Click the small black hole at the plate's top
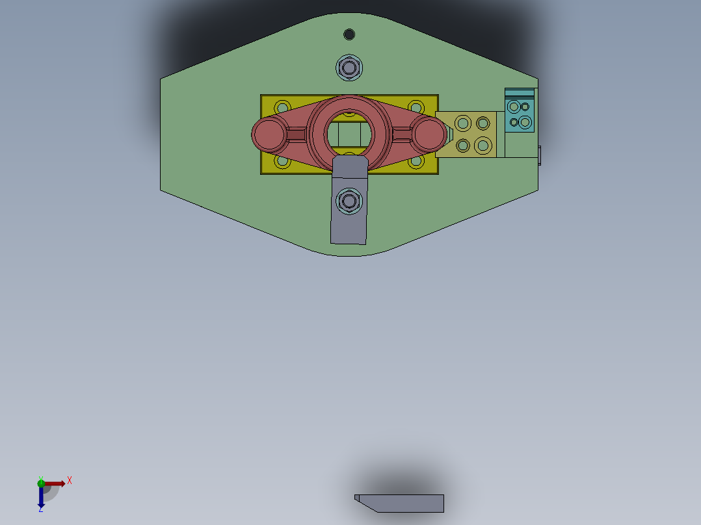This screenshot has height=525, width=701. (349, 34)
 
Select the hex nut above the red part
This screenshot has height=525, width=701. (349, 68)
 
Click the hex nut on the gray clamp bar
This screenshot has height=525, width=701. (349, 201)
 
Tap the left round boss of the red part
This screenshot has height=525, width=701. (267, 134)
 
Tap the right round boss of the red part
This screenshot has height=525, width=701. (429, 133)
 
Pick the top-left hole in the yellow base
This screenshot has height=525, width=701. (282, 107)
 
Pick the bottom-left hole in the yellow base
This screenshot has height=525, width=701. (282, 160)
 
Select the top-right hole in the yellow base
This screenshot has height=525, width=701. (415, 107)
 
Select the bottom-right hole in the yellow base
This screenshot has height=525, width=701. (415, 160)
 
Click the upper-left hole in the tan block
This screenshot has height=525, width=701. (463, 123)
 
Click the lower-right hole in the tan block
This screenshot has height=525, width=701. (483, 144)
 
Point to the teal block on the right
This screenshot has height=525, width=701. (520, 114)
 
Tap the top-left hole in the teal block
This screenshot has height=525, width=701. (514, 107)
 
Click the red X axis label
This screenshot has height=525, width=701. (70, 480)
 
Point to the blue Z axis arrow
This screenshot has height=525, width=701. (41, 499)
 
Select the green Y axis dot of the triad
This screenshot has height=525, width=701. (41, 482)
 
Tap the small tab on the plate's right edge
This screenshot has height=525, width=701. (540, 155)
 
